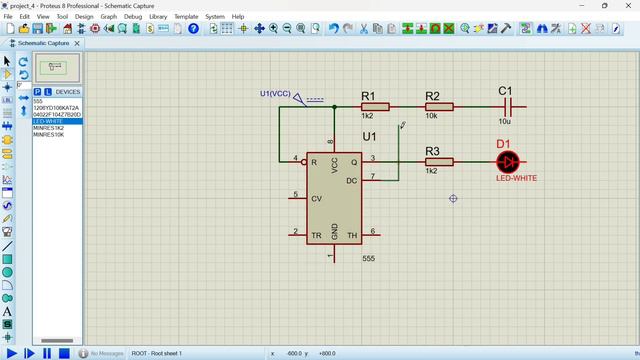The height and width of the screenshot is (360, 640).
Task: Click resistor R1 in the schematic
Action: point(375,105)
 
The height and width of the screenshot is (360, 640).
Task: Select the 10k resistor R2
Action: point(439,105)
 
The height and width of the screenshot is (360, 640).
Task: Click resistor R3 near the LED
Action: point(439,161)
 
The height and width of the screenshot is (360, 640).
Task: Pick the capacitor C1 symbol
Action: point(507,105)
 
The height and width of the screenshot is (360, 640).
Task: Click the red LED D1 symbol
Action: point(508,161)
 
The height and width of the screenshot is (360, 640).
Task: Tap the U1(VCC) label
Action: point(275,94)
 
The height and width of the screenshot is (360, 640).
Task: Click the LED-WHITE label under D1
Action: point(517,178)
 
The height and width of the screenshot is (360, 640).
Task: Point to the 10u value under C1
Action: point(505,121)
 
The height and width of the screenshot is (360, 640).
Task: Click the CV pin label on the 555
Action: point(316,198)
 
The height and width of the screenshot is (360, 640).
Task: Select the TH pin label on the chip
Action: point(352,235)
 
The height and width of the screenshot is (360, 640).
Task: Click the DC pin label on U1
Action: point(352,180)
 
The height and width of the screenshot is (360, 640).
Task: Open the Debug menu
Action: point(133,17)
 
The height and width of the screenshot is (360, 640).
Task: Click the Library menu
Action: point(158,17)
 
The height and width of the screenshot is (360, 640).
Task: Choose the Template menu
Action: point(186,17)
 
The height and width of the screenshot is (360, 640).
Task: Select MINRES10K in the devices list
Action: point(49,135)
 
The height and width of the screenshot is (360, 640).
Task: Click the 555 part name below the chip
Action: point(369,258)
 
